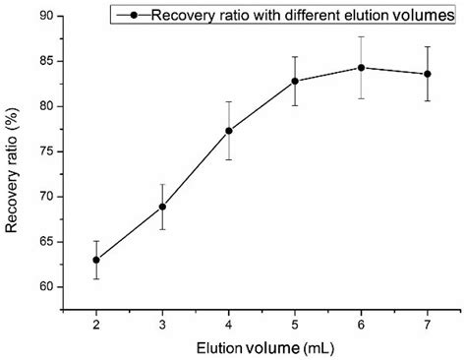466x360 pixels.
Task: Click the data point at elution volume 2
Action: click(96, 260)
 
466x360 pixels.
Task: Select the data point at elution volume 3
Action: click(162, 207)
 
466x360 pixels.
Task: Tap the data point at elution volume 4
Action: click(229, 131)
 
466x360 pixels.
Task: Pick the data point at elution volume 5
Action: click(295, 81)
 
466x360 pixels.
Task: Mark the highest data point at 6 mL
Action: click(361, 68)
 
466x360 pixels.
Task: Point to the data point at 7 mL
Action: click(427, 74)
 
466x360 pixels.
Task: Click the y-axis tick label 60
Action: click(46, 287)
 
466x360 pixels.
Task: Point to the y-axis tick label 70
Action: click(46, 197)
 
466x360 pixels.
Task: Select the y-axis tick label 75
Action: click(46, 151)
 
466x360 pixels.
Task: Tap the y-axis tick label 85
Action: click(46, 61)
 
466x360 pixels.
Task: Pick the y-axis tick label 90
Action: click(46, 16)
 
